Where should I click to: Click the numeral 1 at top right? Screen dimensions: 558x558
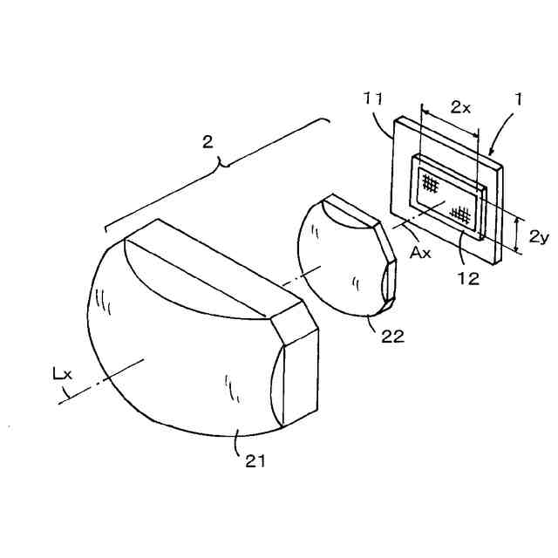pos(517,100)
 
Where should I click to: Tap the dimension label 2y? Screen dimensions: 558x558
pos(538,235)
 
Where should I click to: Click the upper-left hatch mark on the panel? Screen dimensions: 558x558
pos(430,182)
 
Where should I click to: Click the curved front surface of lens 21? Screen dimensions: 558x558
pos(174,366)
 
